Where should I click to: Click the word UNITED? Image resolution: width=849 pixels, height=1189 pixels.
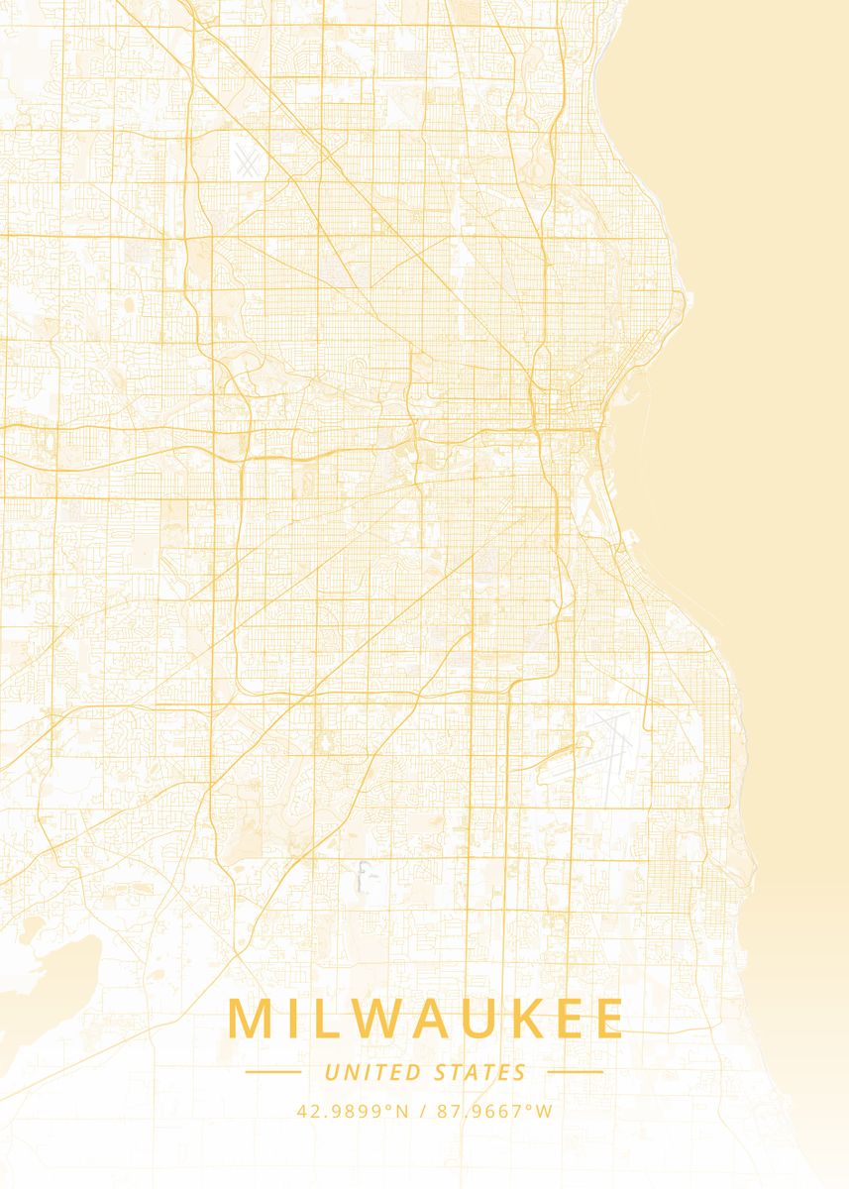click(371, 1072)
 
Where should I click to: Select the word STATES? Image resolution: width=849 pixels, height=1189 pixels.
click(480, 1072)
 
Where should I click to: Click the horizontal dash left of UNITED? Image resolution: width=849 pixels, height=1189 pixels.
click(272, 1071)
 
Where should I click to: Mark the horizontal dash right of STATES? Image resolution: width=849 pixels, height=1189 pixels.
click(575, 1071)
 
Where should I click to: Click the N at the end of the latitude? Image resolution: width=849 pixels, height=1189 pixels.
click(402, 1111)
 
